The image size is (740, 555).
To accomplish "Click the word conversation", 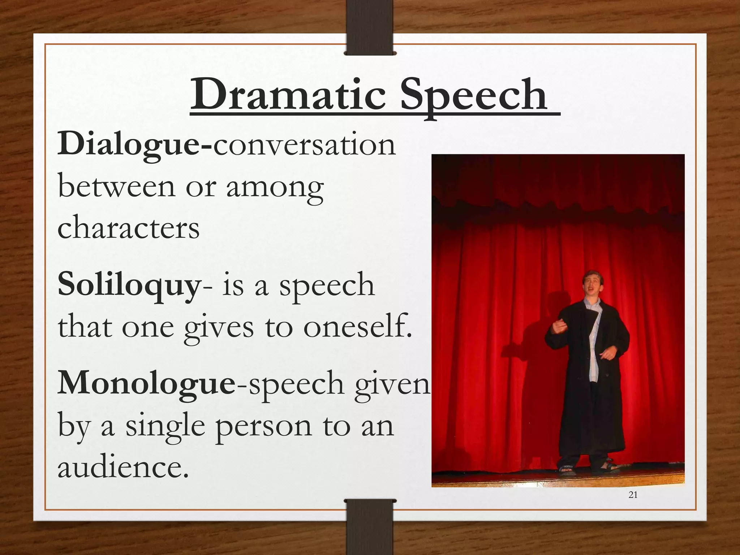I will tap(305, 145).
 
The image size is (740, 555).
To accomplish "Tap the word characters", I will tap(128, 228).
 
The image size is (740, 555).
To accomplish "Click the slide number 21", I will tap(633, 495).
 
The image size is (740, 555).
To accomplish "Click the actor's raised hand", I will tap(559, 327).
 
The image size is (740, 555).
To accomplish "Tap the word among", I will tap(275, 188).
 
